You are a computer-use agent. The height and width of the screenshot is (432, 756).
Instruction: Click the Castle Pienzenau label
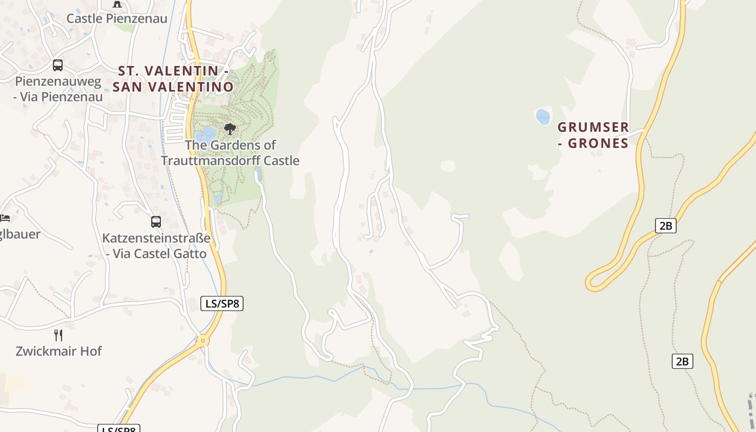[x=117, y=18]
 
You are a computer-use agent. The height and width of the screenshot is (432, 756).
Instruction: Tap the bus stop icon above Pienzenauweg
[x=58, y=65]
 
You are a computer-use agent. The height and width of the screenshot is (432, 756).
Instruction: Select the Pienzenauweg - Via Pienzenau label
[x=58, y=89]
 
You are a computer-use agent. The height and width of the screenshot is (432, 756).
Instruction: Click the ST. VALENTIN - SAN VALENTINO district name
[x=173, y=79]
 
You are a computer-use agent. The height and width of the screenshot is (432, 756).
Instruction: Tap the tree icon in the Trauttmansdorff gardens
[x=230, y=129]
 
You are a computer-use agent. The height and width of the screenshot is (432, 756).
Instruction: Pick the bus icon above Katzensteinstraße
[x=156, y=222]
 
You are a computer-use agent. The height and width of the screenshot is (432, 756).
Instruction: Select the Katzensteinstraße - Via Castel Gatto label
[x=156, y=246]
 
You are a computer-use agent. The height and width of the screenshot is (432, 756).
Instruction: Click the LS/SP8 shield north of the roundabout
[x=221, y=303]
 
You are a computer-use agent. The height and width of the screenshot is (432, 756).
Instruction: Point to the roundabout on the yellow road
[x=203, y=340]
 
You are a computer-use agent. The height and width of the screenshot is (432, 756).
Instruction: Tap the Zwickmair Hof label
[x=58, y=351]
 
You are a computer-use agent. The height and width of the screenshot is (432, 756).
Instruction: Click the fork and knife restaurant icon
[x=58, y=335]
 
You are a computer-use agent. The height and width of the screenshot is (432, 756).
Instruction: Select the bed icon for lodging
[x=5, y=218]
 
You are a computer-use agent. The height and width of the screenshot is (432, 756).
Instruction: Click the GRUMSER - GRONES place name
[x=593, y=135]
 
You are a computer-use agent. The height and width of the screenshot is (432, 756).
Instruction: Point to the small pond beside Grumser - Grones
[x=543, y=116]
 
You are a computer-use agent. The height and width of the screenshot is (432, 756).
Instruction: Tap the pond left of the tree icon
[x=206, y=134]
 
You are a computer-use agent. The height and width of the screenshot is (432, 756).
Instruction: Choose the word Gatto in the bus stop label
[x=189, y=253]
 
